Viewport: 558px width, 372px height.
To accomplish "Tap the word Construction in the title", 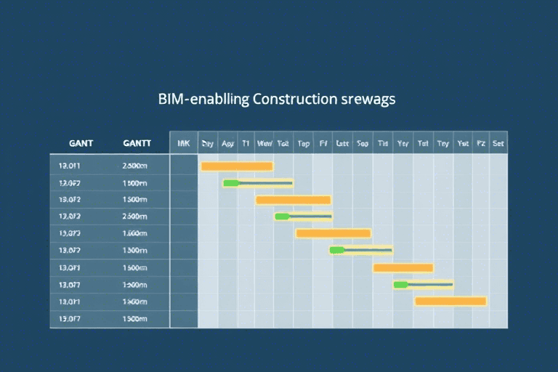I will pyautogui.click(x=294, y=99).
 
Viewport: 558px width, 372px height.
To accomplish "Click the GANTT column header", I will pyautogui.click(x=137, y=144).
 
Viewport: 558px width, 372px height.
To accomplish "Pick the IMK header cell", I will pyautogui.click(x=183, y=144).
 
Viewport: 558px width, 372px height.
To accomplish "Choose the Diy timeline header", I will pyautogui.click(x=208, y=144).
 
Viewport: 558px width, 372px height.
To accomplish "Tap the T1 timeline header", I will pyautogui.click(x=246, y=144).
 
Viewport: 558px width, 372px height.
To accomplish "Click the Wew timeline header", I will pyautogui.click(x=264, y=144).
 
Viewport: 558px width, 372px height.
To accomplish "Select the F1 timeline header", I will pyautogui.click(x=323, y=144).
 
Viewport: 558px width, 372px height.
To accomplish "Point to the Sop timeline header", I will pyautogui.click(x=362, y=144).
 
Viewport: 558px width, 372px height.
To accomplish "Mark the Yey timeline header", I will pyautogui.click(x=403, y=144).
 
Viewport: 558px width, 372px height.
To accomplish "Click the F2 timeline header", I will pyautogui.click(x=480, y=144).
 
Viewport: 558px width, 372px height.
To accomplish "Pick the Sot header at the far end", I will pyautogui.click(x=498, y=144).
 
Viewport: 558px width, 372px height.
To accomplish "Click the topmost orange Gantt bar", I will pyautogui.click(x=236, y=166).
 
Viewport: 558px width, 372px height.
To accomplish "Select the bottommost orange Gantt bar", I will pyautogui.click(x=450, y=301).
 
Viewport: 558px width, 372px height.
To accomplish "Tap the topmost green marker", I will pyautogui.click(x=230, y=183).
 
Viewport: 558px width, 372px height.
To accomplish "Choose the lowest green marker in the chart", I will pyautogui.click(x=400, y=284).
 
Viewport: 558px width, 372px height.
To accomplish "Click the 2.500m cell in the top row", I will pyautogui.click(x=134, y=166).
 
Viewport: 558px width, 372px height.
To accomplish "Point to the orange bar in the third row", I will pyautogui.click(x=294, y=200).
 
